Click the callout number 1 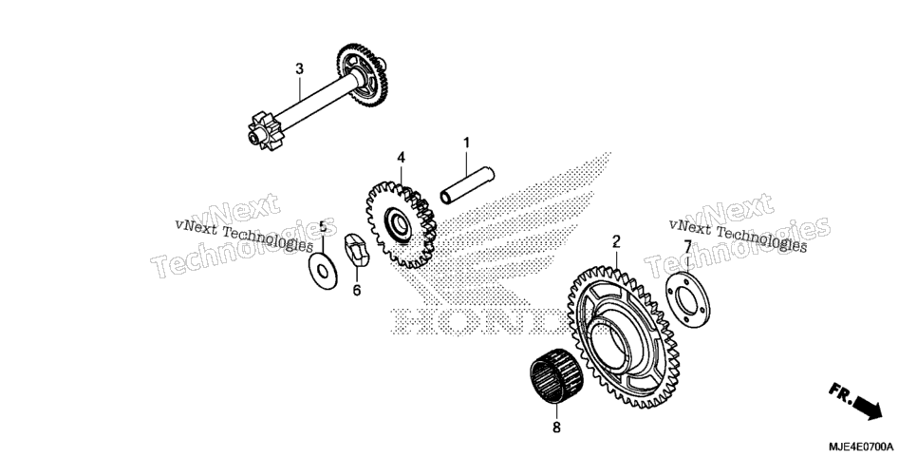466,143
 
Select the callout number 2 616,240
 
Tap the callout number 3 299,69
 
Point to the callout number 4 401,157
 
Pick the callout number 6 357,290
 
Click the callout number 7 687,246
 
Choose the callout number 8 556,428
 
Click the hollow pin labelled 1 467,185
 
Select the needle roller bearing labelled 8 556,376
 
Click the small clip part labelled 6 357,250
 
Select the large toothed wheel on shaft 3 363,75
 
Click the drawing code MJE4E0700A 861,446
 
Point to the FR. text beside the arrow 840,392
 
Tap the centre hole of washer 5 322,271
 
